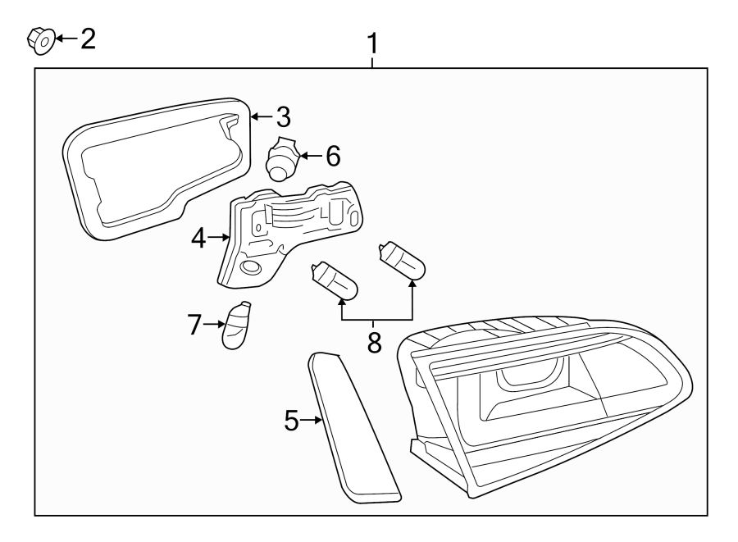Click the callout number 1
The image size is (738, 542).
click(x=372, y=43)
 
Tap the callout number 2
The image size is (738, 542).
click(x=86, y=38)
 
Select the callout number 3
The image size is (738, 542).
click(x=282, y=116)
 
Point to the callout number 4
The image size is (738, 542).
click(x=198, y=238)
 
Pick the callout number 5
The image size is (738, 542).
click(x=292, y=420)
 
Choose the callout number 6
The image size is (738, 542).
click(x=332, y=155)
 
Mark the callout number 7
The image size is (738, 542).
click(x=194, y=324)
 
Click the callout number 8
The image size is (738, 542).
click(x=375, y=342)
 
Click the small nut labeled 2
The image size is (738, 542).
click(x=40, y=38)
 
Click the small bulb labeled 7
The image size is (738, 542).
click(x=237, y=326)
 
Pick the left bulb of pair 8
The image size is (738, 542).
click(x=334, y=279)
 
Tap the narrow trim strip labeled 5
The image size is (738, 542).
click(x=353, y=426)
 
